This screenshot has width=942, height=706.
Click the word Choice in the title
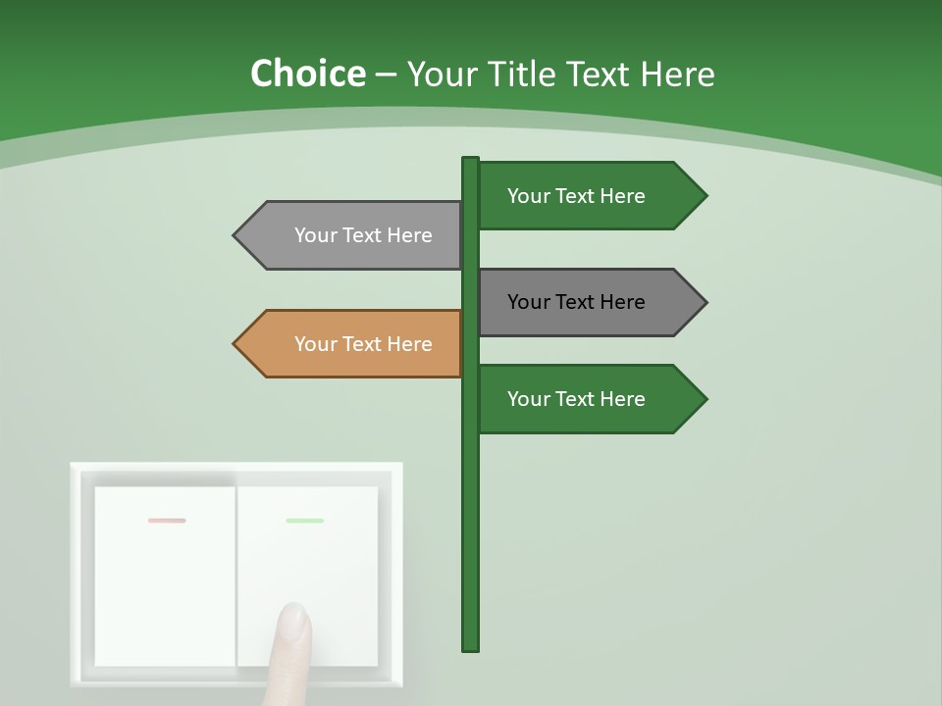307,75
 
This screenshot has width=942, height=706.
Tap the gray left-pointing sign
353,235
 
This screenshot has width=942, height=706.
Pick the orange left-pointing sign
353,344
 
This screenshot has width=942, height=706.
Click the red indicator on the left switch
167,521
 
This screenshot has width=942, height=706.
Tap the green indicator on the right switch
305,521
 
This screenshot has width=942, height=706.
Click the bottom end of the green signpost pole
470,646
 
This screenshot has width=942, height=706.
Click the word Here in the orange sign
409,344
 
